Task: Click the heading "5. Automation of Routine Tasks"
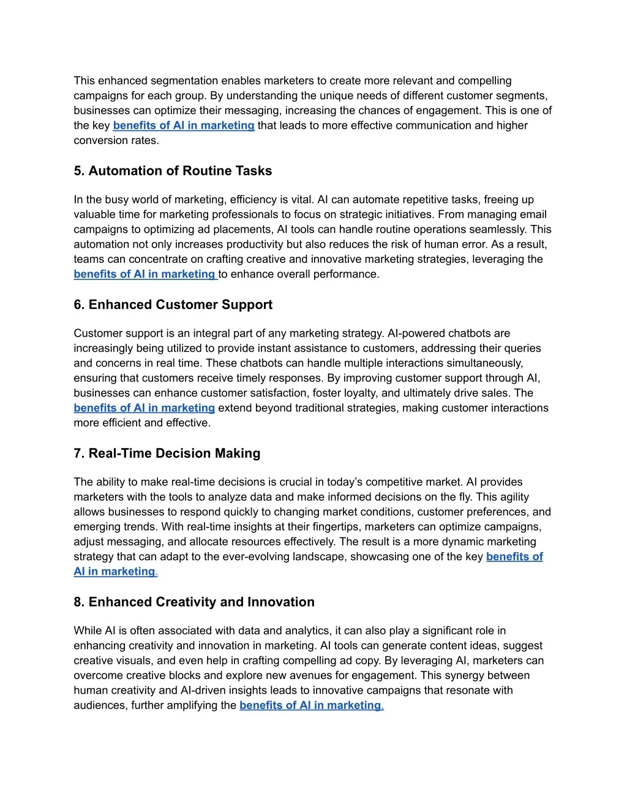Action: click(173, 171)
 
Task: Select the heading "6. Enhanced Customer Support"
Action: click(173, 305)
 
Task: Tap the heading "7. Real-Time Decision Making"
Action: click(167, 453)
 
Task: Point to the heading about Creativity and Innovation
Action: click(194, 602)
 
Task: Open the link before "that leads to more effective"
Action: click(184, 126)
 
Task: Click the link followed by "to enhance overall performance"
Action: click(145, 275)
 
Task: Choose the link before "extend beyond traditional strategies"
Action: click(145, 408)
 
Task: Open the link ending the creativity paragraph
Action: click(311, 705)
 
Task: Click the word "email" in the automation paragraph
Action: click(533, 214)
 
